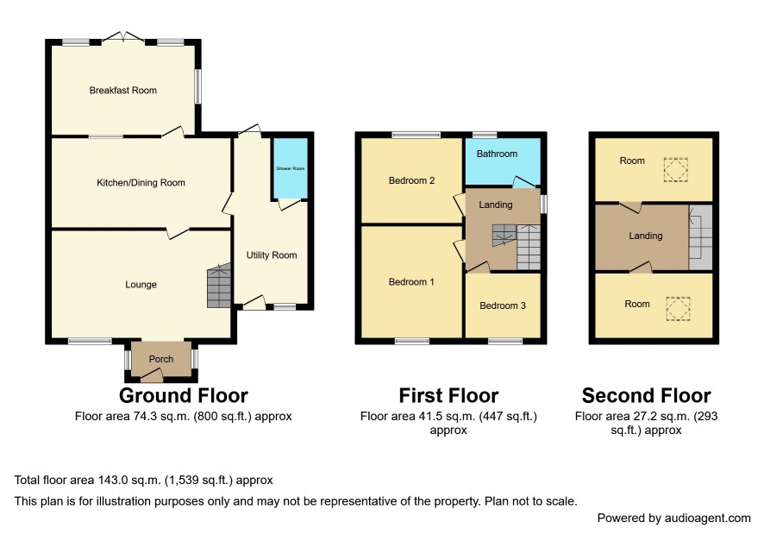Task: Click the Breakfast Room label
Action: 123,91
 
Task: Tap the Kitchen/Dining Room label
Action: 141,183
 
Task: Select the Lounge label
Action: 141,284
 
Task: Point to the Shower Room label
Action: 291,168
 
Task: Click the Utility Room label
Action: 272,255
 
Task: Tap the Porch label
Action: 160,359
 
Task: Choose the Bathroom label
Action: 497,154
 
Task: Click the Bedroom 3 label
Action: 503,305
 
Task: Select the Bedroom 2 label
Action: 411,180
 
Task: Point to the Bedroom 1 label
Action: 411,282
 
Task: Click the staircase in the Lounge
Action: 219,286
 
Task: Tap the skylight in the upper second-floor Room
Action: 676,170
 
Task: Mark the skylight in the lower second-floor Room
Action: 679,309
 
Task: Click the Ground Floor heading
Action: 184,395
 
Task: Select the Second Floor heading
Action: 647,395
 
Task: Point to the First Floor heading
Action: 448,395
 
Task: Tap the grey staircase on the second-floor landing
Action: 700,238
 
